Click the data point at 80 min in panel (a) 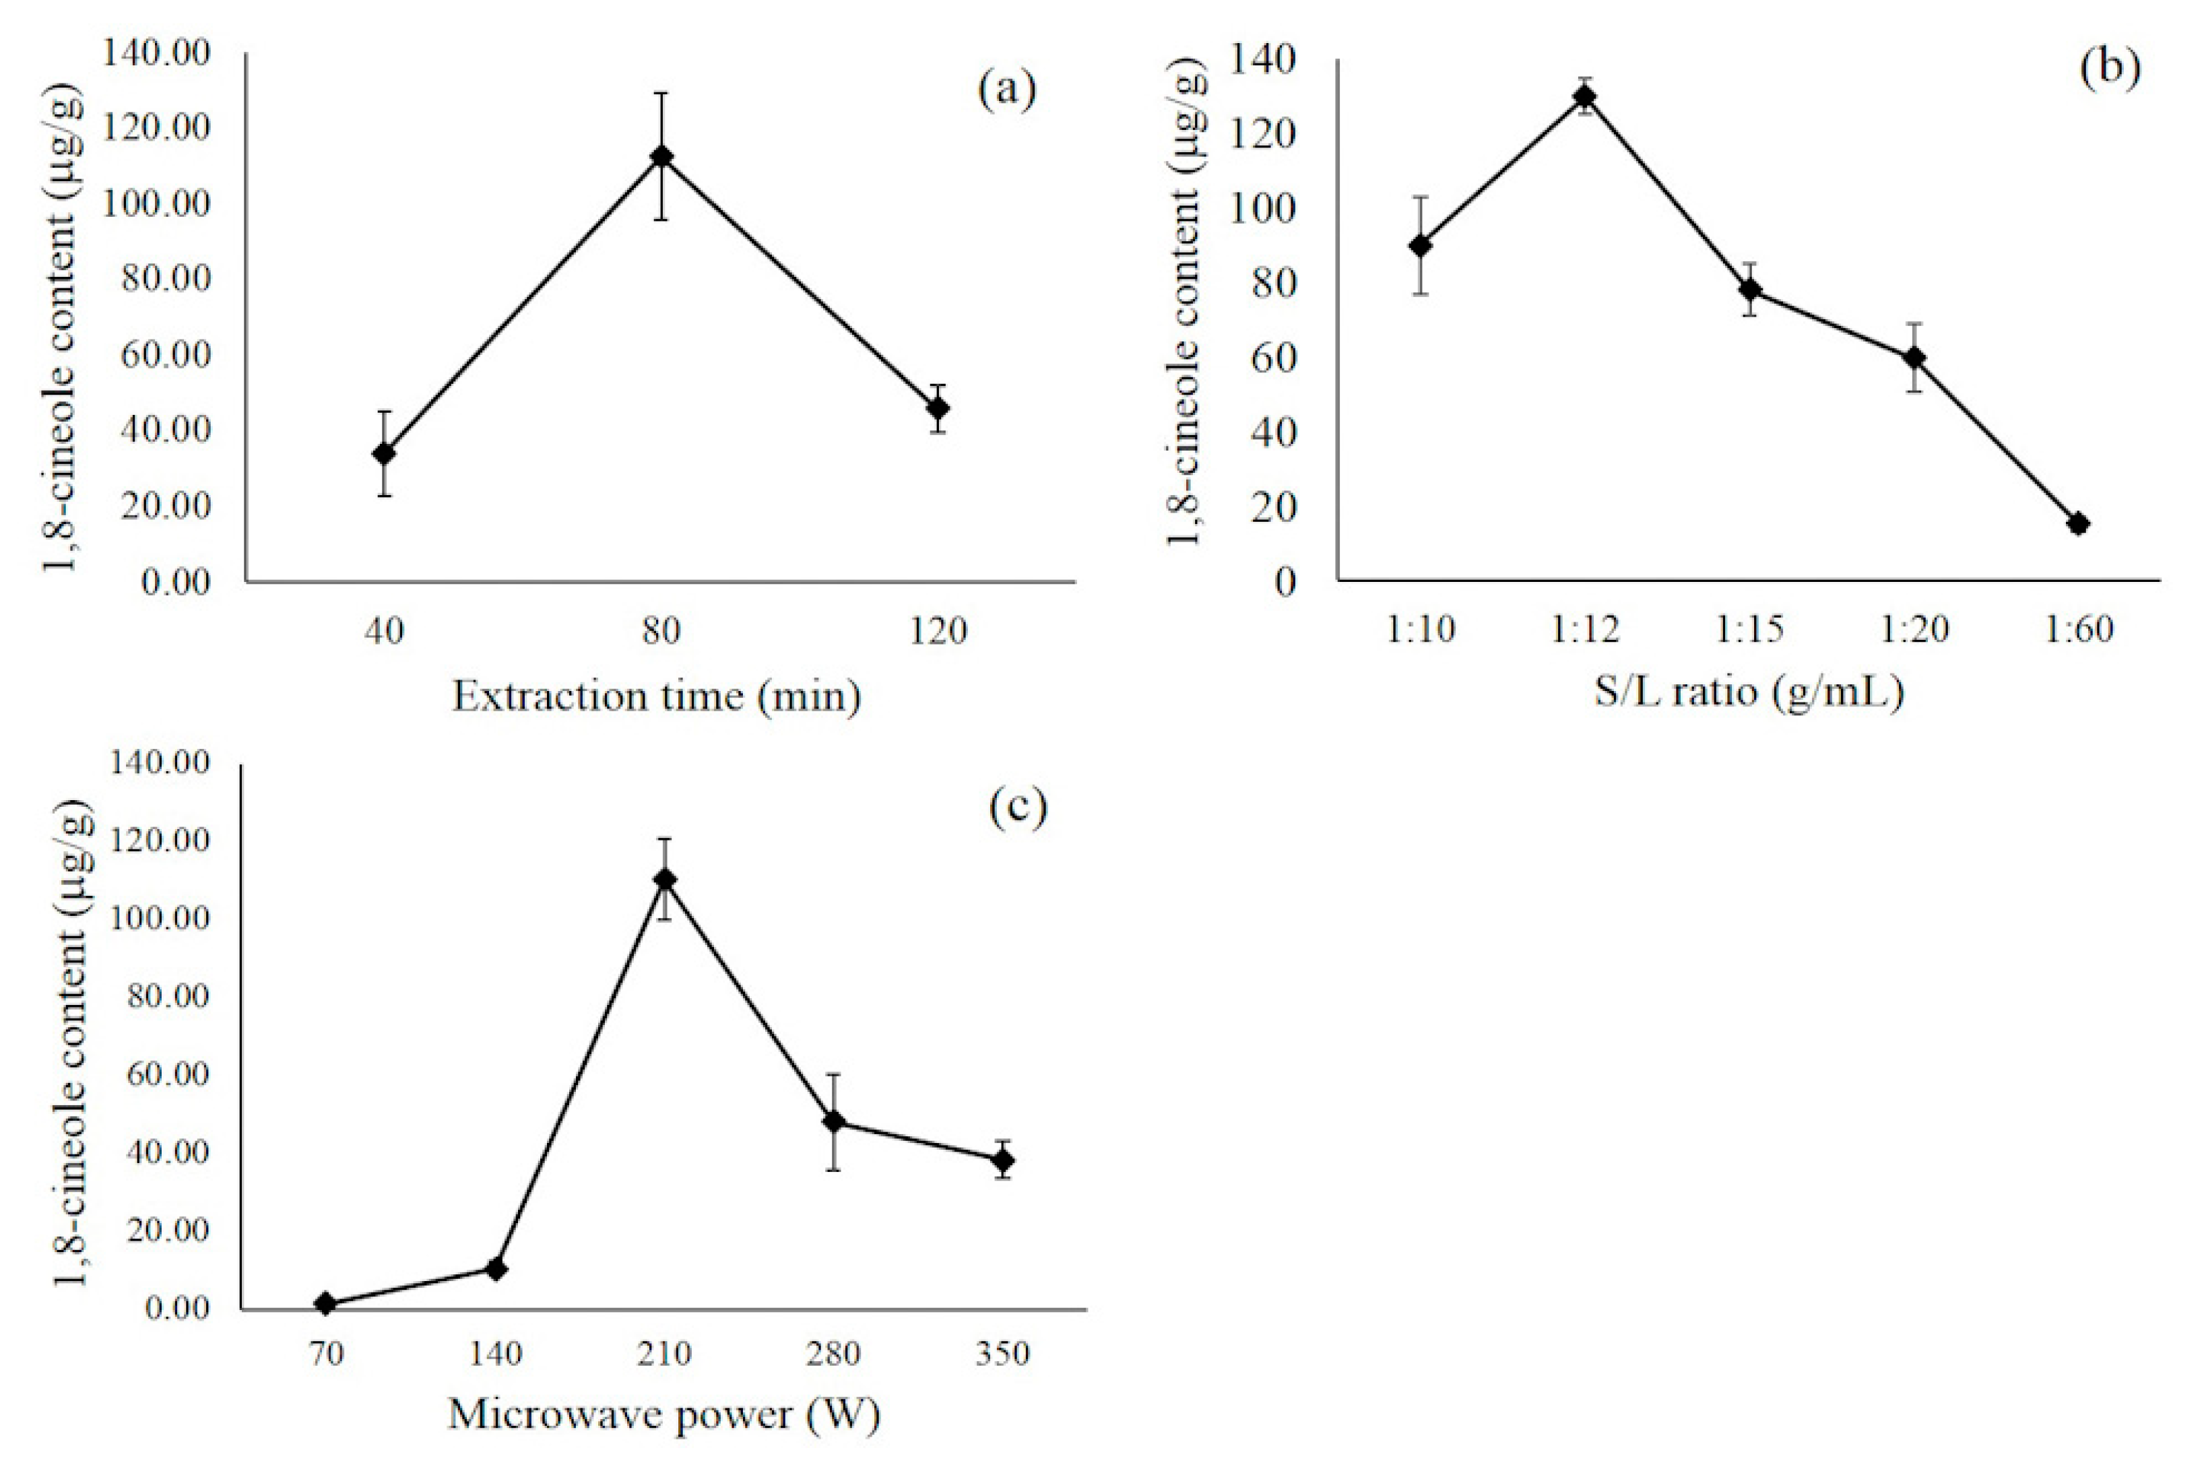(662, 156)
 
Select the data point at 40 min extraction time (384, 453)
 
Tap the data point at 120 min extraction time (938, 408)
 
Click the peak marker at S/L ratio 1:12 (1585, 96)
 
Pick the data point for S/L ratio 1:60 (2079, 524)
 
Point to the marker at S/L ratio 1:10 (1421, 246)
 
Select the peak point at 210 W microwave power (665, 880)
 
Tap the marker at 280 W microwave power (833, 1121)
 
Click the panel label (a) (1006, 90)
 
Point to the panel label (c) (1017, 806)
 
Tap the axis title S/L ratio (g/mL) (1749, 692)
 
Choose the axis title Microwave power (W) (664, 1414)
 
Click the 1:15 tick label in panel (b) (1749, 628)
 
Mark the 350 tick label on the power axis (1003, 1354)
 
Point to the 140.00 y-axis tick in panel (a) (156, 54)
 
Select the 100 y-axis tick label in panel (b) (1262, 209)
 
